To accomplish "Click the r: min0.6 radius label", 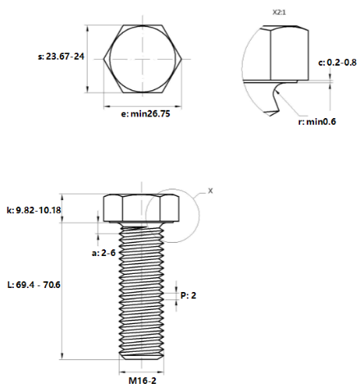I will pyautogui.click(x=318, y=121).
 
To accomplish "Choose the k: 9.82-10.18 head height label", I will pyautogui.click(x=34, y=211).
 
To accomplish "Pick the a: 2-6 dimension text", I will pyautogui.click(x=103, y=253).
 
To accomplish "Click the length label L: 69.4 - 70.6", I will pyautogui.click(x=34, y=284).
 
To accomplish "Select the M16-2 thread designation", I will pyautogui.click(x=143, y=381).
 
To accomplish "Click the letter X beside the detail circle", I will pyautogui.click(x=210, y=190).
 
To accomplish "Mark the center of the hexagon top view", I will pyautogui.click(x=144, y=60).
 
